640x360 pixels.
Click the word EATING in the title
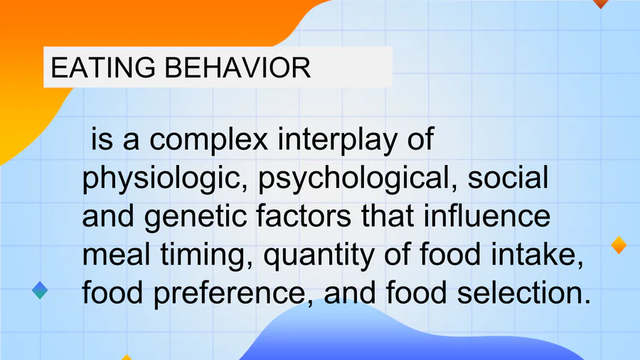[x=103, y=68]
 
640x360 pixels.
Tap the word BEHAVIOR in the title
[x=238, y=68]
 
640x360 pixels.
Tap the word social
[x=508, y=178]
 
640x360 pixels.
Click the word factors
[x=304, y=216]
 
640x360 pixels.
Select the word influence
[x=487, y=216]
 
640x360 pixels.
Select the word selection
[x=523, y=293]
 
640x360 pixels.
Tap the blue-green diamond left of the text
[x=40, y=290]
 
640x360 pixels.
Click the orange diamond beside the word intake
[x=619, y=245]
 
